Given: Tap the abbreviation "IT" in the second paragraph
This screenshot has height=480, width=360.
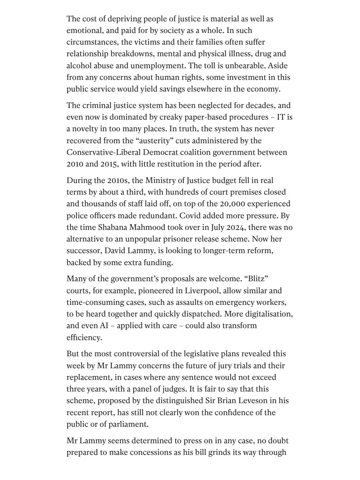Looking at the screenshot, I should point(281,117).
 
